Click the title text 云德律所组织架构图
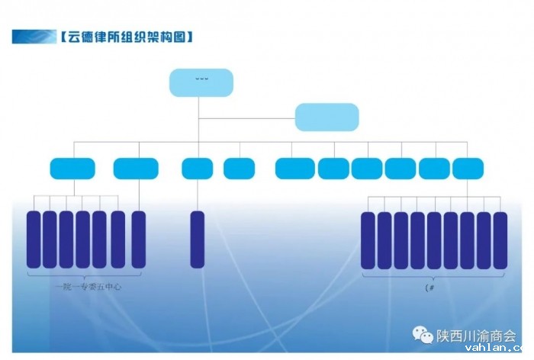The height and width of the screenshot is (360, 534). (125, 36)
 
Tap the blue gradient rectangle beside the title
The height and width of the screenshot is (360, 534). (34, 36)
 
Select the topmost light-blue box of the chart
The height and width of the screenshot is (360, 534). (201, 82)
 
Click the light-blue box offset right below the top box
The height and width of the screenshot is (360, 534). (327, 116)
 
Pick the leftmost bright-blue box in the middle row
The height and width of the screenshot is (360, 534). (72, 168)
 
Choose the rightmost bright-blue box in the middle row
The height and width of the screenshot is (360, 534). (468, 168)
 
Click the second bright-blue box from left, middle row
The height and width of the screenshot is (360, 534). (136, 168)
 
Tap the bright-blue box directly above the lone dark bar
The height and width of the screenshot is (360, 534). (198, 168)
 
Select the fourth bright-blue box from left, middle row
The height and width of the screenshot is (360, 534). (239, 168)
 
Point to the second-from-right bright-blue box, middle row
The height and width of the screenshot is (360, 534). (434, 168)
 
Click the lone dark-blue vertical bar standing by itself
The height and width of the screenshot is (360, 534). (198, 239)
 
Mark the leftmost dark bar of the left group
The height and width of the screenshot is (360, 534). (34, 239)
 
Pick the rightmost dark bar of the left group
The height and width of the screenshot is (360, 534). (138, 239)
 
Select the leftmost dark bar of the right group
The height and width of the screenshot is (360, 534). (368, 239)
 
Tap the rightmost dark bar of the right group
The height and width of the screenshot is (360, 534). (500, 239)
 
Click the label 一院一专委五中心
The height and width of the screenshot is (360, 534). (88, 288)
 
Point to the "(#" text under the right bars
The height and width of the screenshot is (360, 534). (429, 288)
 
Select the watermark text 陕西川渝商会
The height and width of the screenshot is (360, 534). (475, 335)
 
